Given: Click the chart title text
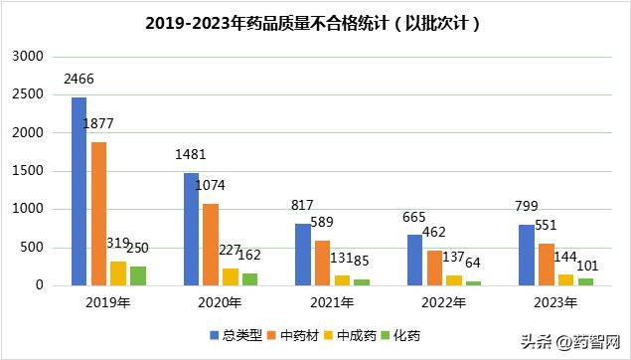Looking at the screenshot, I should pyautogui.click(x=315, y=23).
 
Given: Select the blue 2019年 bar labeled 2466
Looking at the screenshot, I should pyautogui.click(x=79, y=191).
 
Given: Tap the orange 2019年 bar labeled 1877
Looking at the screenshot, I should pyautogui.click(x=98, y=214).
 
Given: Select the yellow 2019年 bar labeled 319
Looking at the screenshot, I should pyautogui.click(x=118, y=273).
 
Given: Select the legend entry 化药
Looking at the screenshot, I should pyautogui.click(x=401, y=336).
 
